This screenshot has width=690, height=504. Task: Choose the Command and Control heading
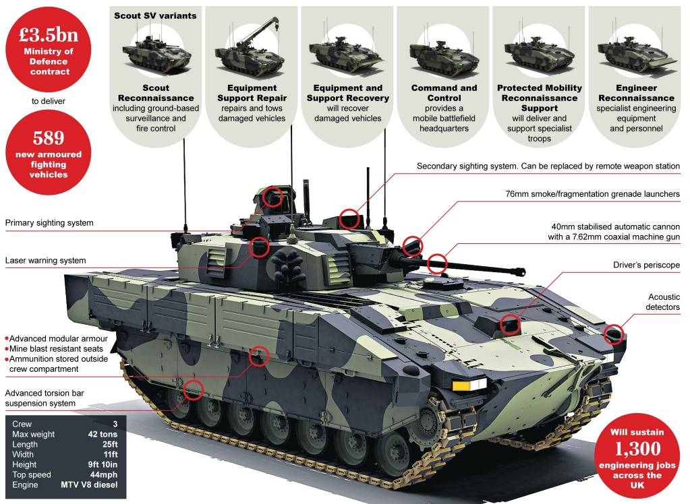click(x=444, y=93)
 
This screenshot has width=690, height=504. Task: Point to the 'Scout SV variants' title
click(x=155, y=15)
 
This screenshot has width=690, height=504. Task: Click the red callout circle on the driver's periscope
click(x=511, y=324)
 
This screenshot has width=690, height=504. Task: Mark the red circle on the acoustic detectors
click(x=613, y=333)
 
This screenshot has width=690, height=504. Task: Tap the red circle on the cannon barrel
click(x=437, y=263)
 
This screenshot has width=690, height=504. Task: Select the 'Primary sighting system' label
click(x=49, y=223)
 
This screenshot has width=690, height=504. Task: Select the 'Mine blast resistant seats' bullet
click(x=56, y=349)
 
